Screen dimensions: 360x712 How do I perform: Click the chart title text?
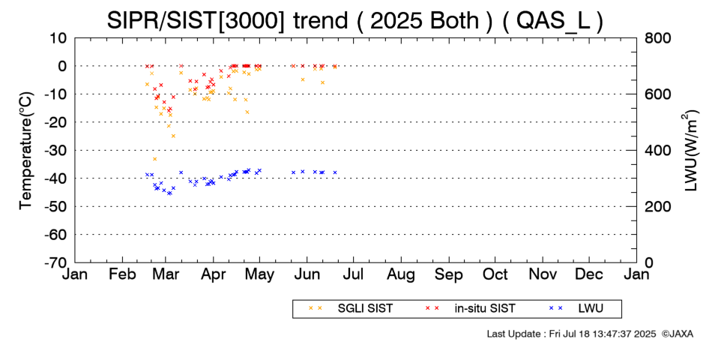click(355, 19)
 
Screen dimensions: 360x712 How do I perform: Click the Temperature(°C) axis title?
click(25, 150)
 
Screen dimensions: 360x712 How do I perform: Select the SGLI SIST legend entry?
click(360, 308)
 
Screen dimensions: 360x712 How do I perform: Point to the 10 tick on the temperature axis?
click(59, 37)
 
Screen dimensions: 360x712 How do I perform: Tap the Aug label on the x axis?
click(401, 275)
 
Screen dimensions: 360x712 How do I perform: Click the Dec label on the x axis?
click(589, 275)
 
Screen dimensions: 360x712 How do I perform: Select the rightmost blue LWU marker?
click(335, 172)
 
